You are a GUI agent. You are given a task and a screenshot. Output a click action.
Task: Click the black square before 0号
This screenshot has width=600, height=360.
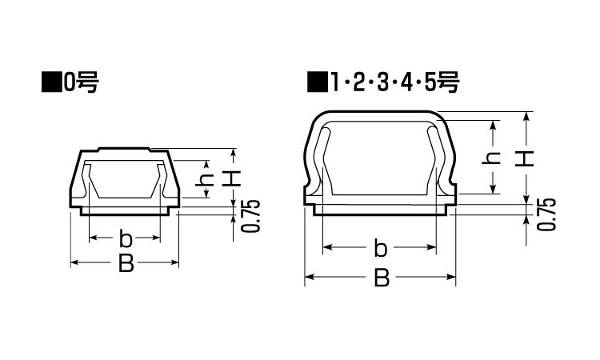pyautogui.click(x=51, y=82)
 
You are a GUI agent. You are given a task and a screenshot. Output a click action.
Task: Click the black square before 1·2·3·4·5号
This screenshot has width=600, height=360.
pyautogui.click(x=318, y=82)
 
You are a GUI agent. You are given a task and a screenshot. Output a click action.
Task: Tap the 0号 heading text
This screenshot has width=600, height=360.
pyautogui.click(x=81, y=82)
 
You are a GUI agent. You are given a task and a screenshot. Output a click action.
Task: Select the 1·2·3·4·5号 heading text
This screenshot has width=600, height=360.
pyautogui.click(x=394, y=82)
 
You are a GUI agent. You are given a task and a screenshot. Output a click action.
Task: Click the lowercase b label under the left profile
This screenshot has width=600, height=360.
pyautogui.click(x=125, y=238)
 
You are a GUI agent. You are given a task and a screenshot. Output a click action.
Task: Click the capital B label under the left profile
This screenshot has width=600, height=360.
pyautogui.click(x=126, y=263)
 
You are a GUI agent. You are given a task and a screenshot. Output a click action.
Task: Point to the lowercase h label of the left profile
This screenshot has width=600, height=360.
pyautogui.click(x=205, y=179)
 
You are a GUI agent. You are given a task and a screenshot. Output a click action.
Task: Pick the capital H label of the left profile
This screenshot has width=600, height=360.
pyautogui.click(x=231, y=178)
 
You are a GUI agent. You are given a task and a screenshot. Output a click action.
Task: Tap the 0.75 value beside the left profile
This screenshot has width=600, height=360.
pyautogui.click(x=251, y=216)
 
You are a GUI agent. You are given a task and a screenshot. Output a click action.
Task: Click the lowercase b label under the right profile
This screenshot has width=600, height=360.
pyautogui.click(x=380, y=248)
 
